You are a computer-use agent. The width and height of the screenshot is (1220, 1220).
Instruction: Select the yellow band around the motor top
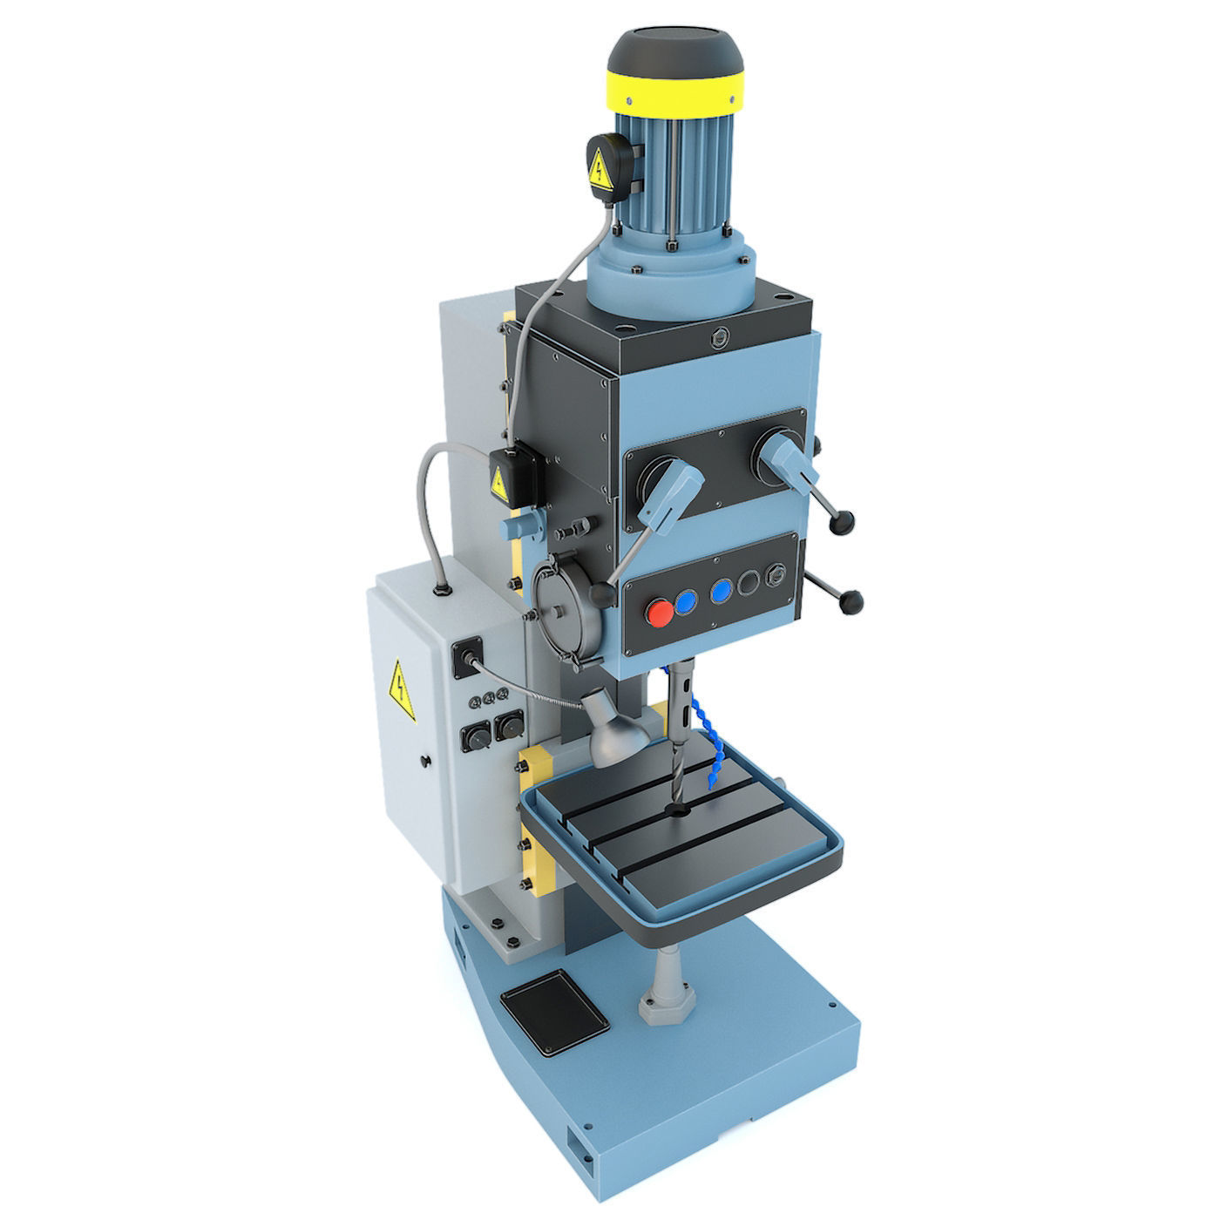(x=677, y=91)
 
